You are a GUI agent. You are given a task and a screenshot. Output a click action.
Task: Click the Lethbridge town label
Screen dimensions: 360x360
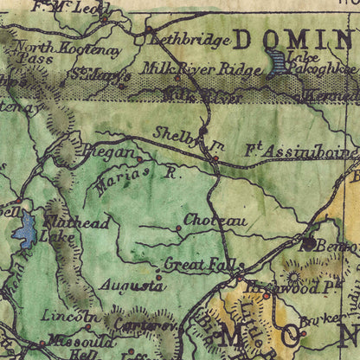pyautogui.click(x=190, y=40)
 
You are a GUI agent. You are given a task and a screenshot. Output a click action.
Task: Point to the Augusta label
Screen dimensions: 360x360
pyautogui.click(x=131, y=285)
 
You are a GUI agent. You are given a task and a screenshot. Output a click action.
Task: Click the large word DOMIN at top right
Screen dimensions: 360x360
pyautogui.click(x=292, y=39)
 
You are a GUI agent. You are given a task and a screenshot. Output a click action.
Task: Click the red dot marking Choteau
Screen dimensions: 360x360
pyautogui.click(x=179, y=228)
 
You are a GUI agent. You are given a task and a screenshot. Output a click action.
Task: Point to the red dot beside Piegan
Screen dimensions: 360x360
pyautogui.click(x=139, y=158)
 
